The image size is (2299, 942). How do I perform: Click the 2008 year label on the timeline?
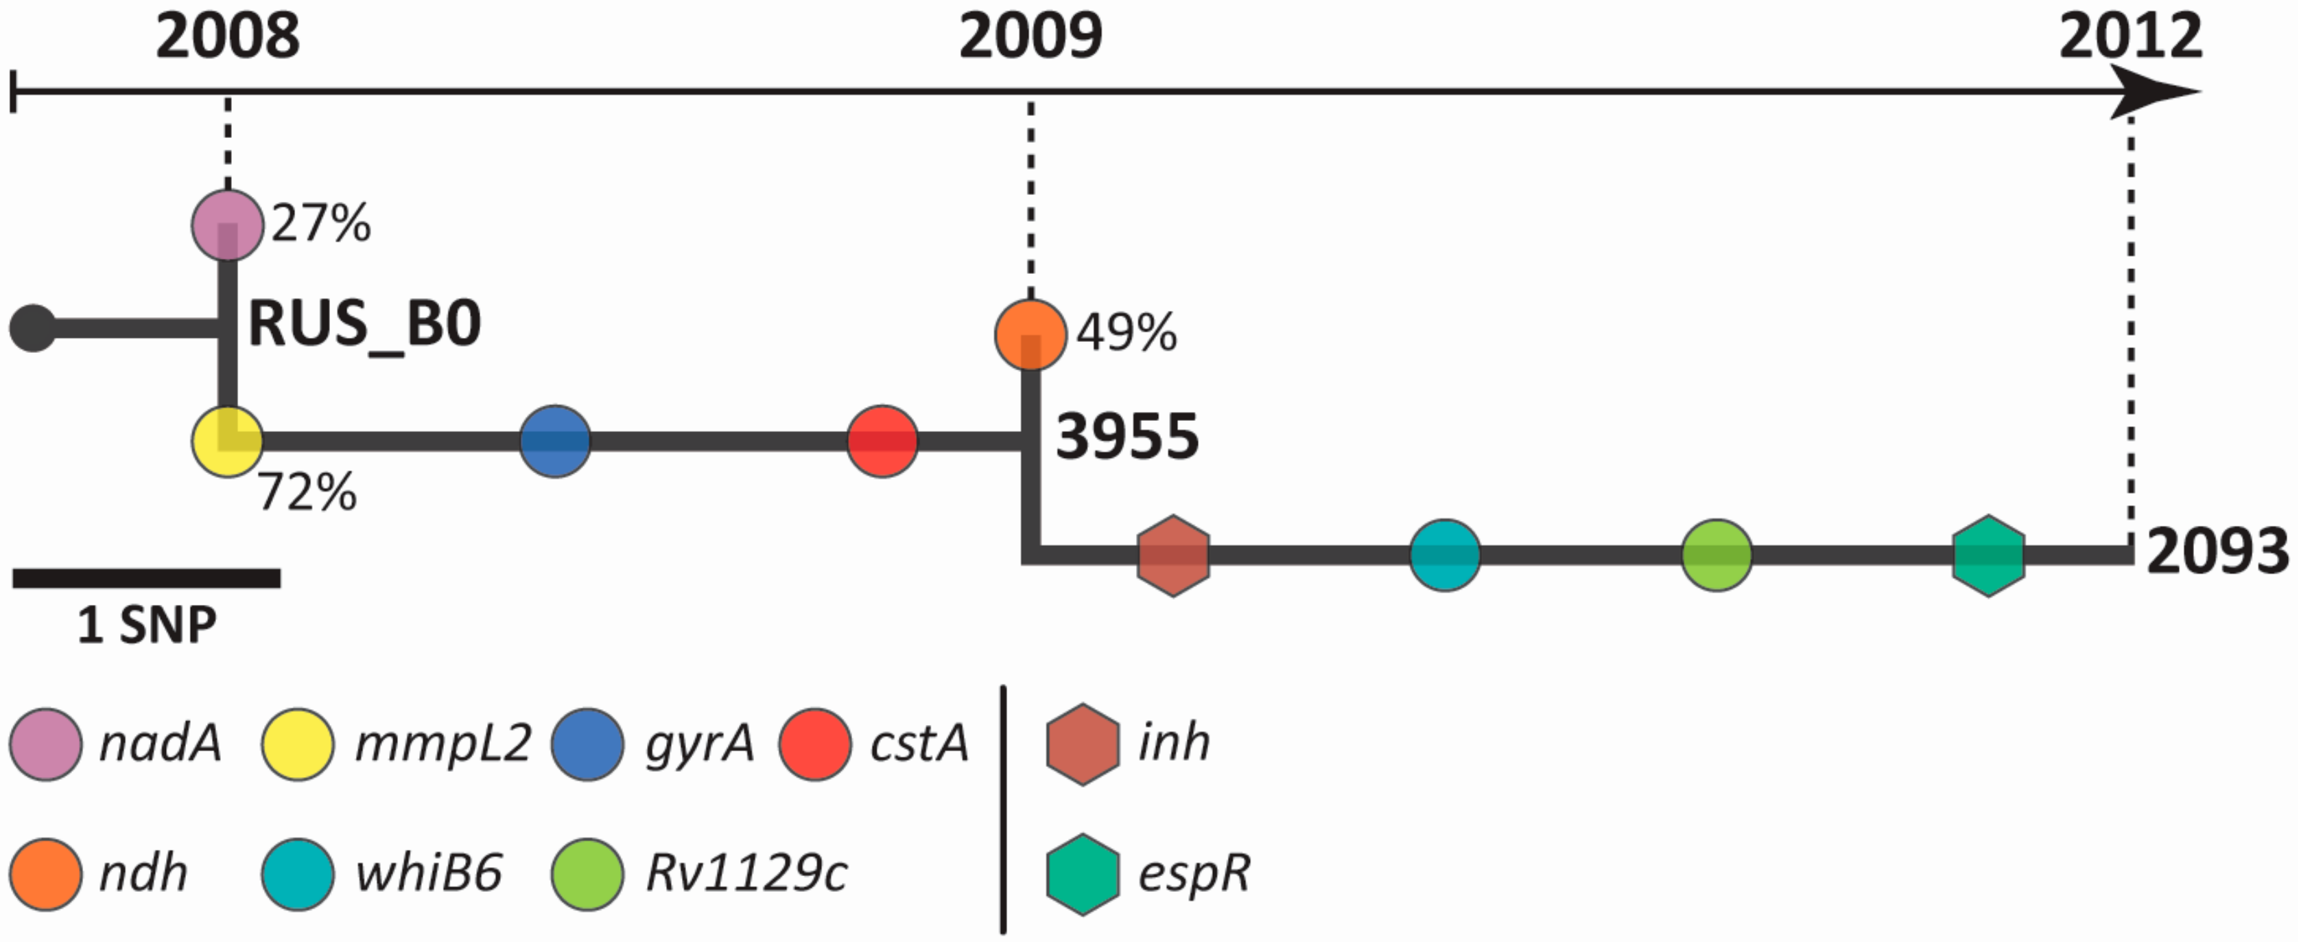(x=228, y=38)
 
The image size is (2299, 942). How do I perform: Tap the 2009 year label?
(x=1030, y=38)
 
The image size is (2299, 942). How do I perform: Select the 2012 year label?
(x=2130, y=38)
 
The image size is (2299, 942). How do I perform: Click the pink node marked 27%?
(x=228, y=225)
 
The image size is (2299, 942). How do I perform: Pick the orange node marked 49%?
(x=1030, y=335)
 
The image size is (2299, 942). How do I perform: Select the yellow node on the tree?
(x=228, y=441)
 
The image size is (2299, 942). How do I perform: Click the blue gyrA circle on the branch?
(x=555, y=441)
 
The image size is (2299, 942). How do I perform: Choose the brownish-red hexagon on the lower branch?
(x=1172, y=555)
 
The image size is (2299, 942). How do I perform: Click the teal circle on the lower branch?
(x=1445, y=555)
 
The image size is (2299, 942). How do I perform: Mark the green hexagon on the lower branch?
(x=1988, y=555)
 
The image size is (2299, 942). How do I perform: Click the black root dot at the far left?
(x=33, y=329)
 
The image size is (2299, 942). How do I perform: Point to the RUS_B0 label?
(x=364, y=324)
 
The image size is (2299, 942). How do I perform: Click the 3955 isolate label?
(x=1127, y=437)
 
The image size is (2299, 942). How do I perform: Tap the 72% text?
(x=307, y=493)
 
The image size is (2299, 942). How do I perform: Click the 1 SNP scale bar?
(x=146, y=579)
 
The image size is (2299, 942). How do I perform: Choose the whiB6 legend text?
(x=428, y=873)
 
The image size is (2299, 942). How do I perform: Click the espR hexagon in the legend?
(x=1082, y=874)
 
